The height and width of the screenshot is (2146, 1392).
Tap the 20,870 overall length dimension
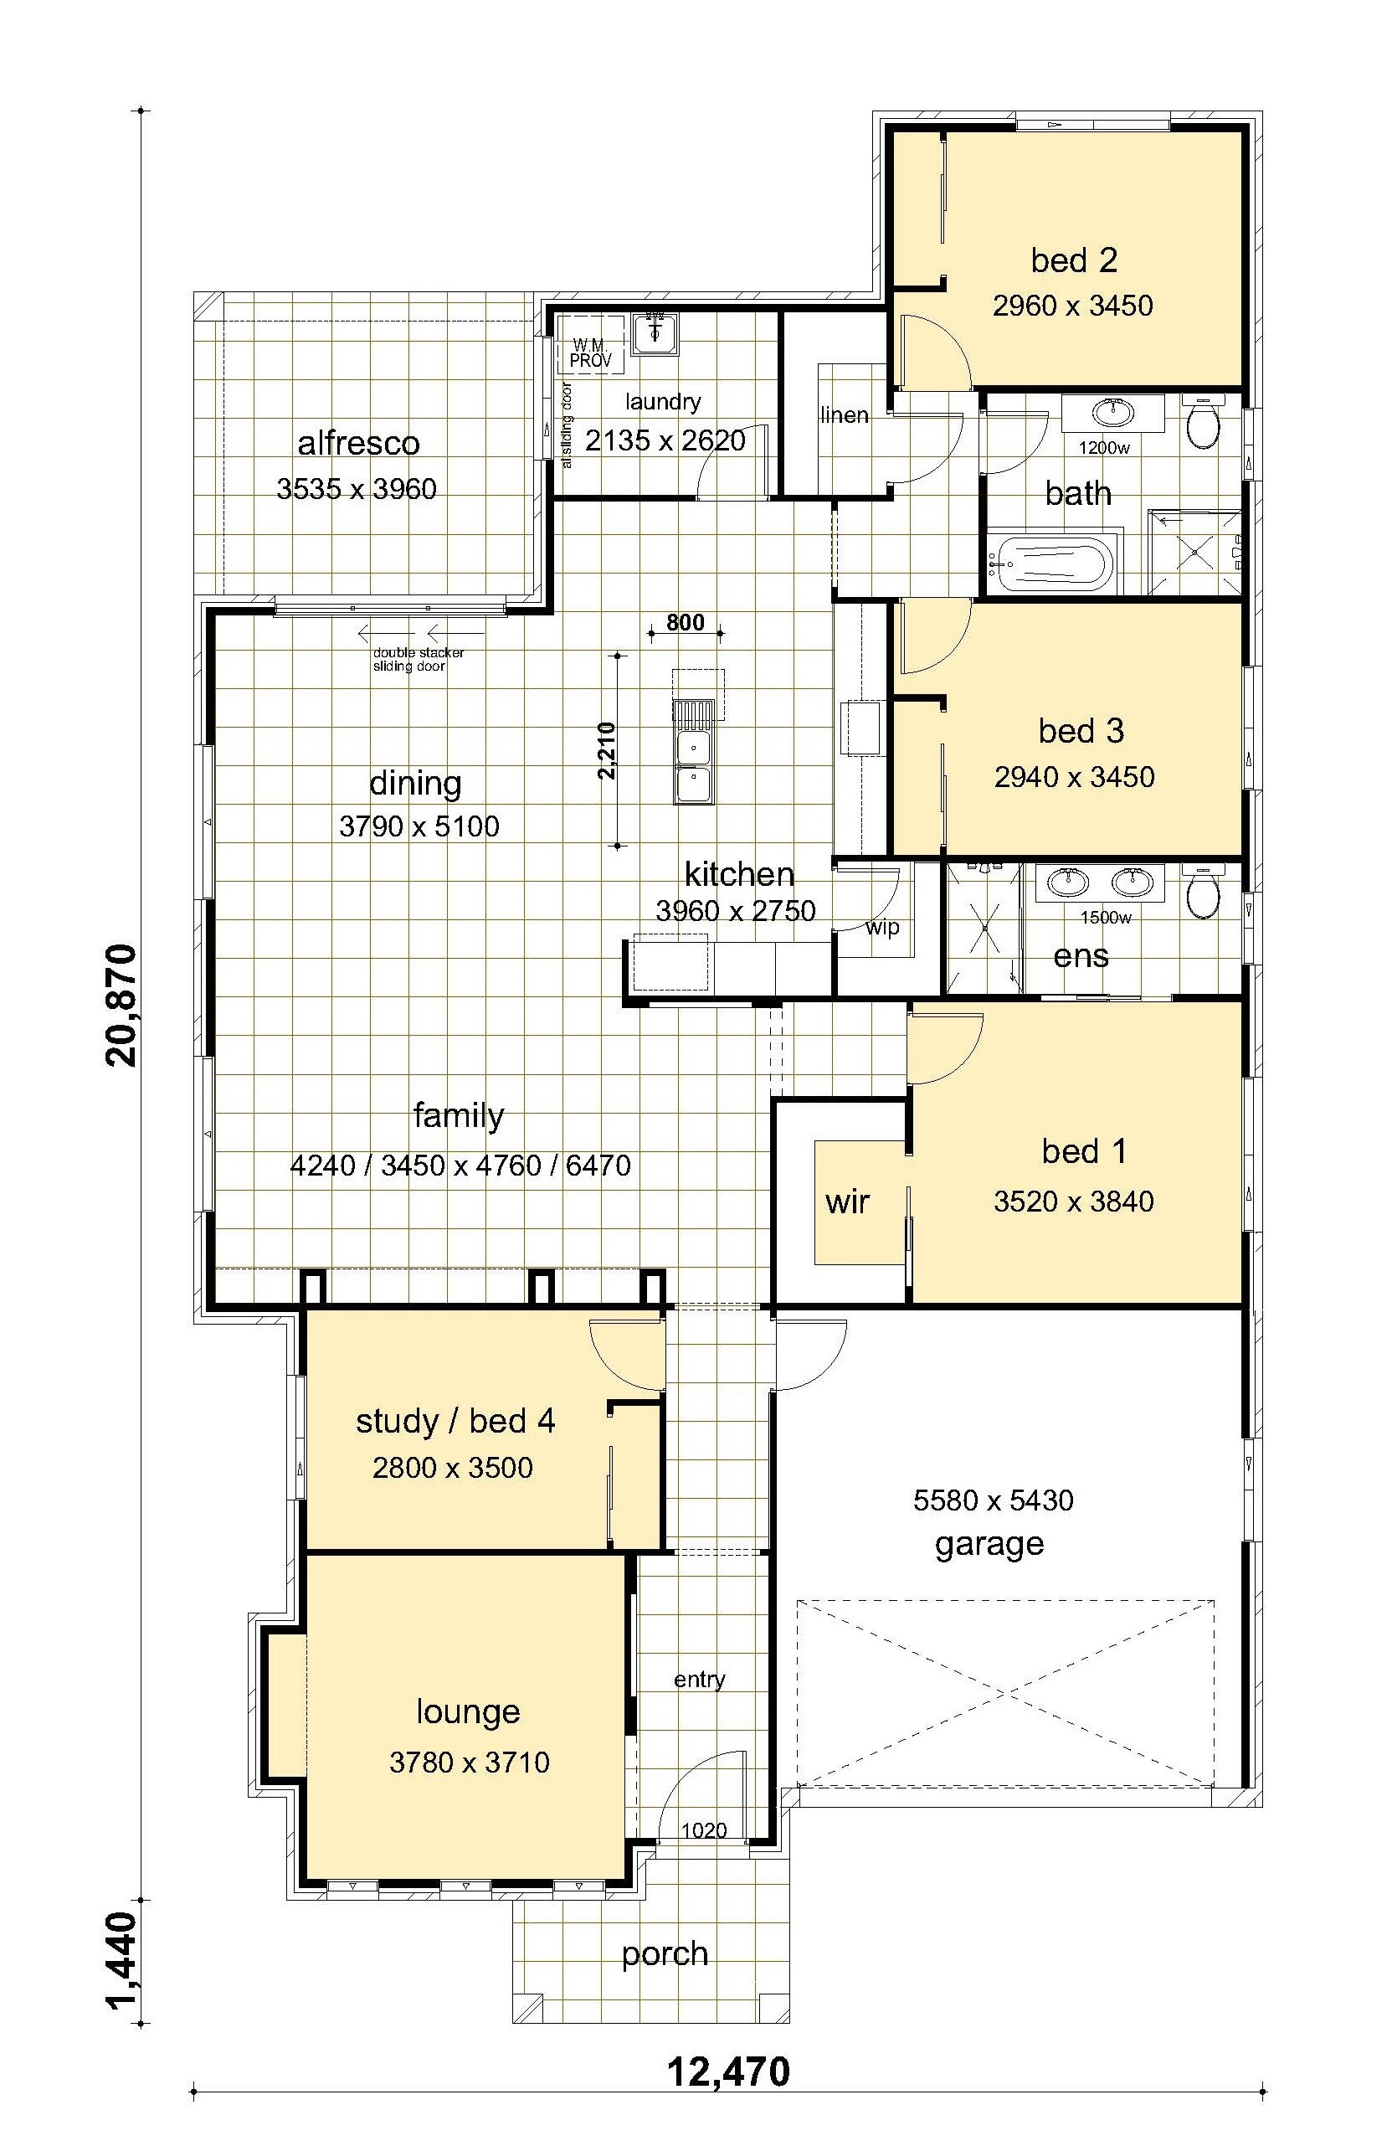[x=121, y=1005]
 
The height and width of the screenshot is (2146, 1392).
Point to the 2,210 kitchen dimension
[x=606, y=750]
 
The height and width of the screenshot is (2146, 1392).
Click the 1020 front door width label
[x=703, y=1830]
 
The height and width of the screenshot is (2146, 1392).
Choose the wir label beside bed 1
[x=846, y=1202]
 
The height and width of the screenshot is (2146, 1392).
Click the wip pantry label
[x=881, y=928]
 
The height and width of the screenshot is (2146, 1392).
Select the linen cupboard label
[x=845, y=415]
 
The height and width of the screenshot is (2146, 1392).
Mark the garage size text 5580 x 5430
[x=993, y=1500]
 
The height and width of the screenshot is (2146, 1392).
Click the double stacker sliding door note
[x=419, y=659]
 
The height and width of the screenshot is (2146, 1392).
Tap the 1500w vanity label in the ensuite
[x=1105, y=918]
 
